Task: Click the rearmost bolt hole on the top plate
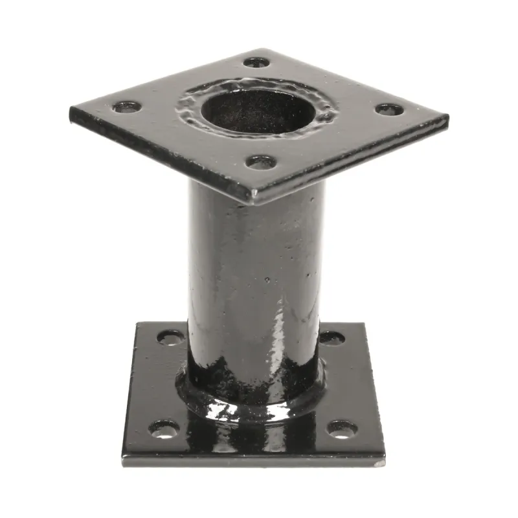click(x=256, y=63)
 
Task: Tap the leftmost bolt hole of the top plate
click(x=126, y=107)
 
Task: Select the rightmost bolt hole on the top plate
click(x=389, y=109)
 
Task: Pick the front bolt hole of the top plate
click(x=261, y=162)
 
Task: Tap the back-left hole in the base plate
click(x=170, y=337)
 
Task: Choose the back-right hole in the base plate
click(x=332, y=337)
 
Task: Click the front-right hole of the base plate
click(x=342, y=429)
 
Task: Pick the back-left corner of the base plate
click(x=137, y=324)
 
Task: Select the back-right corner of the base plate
click(x=363, y=324)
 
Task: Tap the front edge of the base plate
click(x=253, y=461)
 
